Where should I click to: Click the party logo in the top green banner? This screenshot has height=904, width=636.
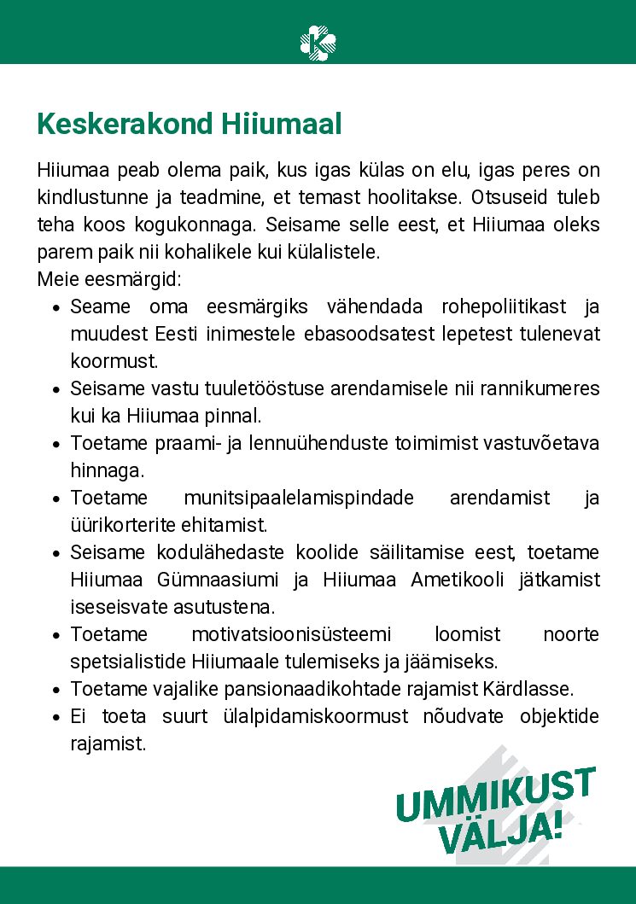[x=318, y=41]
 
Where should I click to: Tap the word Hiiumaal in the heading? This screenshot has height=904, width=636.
[x=282, y=125]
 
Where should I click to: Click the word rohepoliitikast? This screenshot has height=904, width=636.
[x=503, y=306]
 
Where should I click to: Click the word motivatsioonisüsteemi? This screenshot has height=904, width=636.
[x=291, y=634]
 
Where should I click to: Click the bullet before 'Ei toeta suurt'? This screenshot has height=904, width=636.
[x=55, y=717]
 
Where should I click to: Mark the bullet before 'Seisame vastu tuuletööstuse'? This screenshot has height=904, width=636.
[x=55, y=389]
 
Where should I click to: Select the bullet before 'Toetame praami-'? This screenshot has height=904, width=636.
[x=55, y=444]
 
